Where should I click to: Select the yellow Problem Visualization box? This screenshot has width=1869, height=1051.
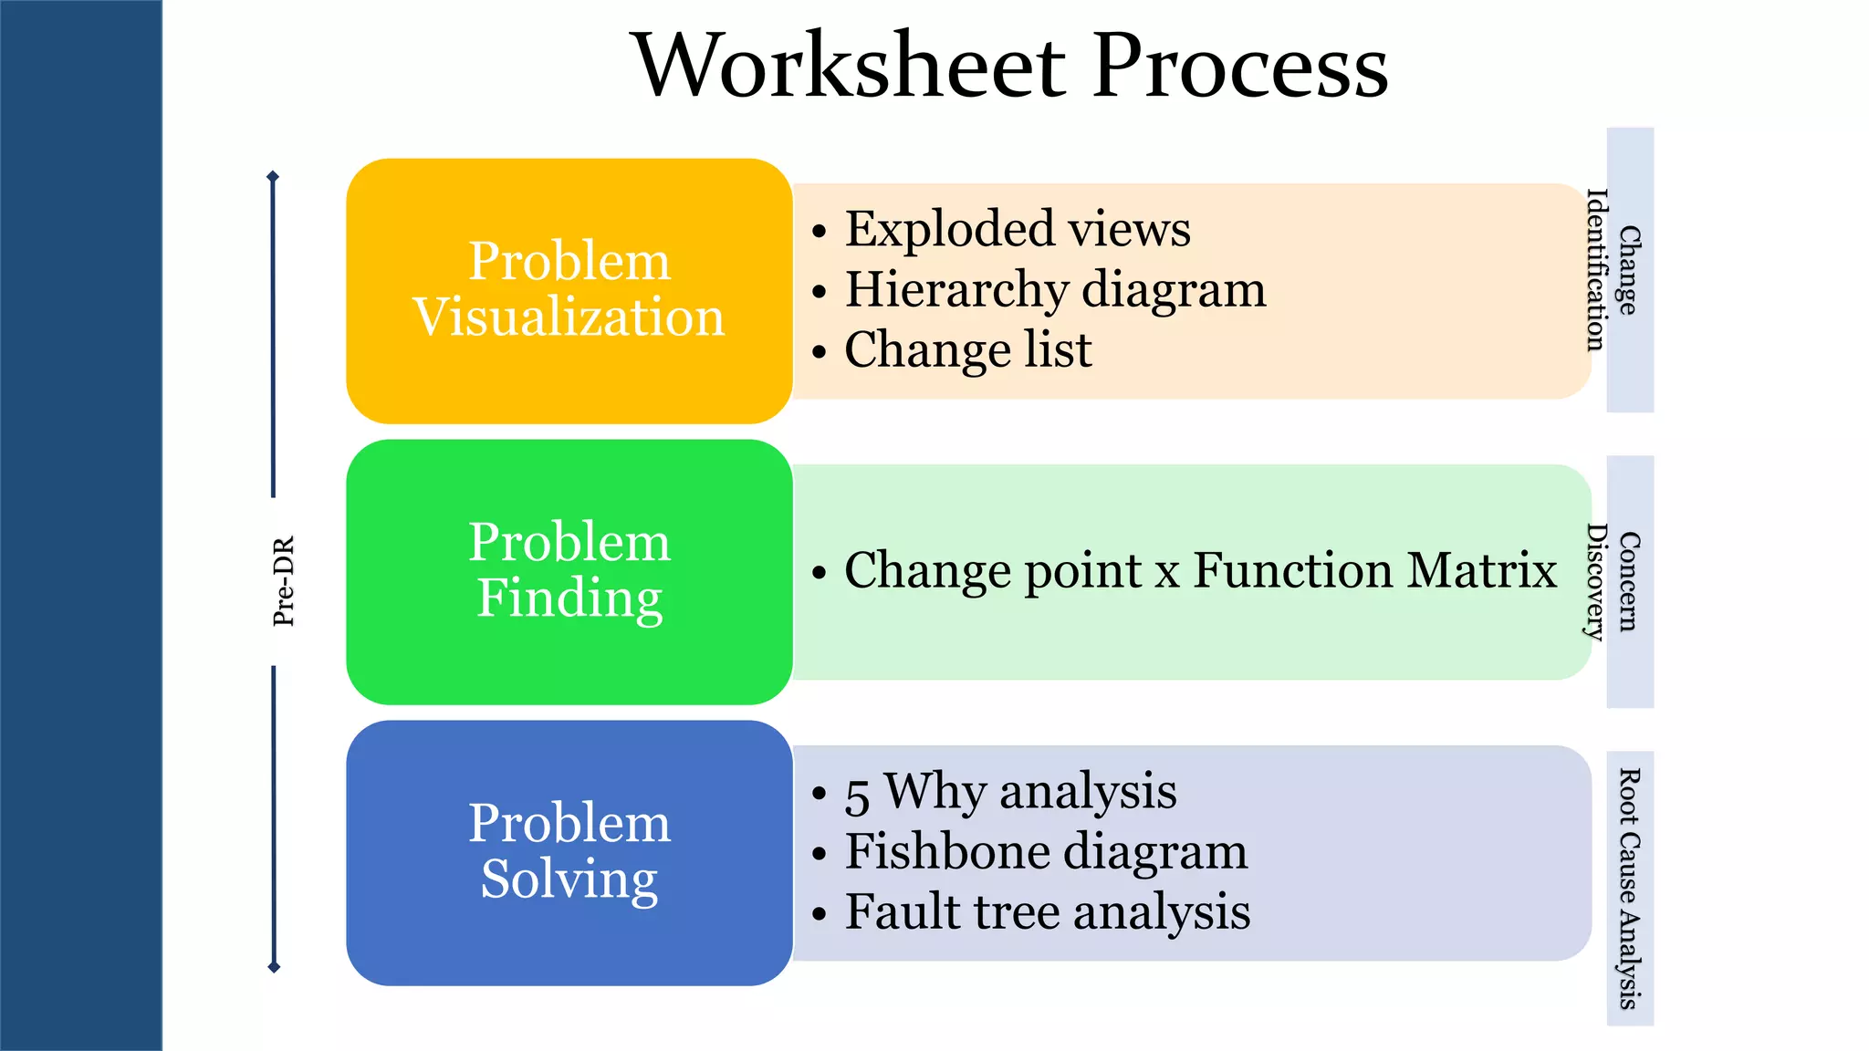point(569,290)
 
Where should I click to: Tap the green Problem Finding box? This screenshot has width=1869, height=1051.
point(569,571)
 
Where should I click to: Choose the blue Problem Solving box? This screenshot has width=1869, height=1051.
point(569,852)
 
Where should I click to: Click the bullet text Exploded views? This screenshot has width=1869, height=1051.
point(1017,228)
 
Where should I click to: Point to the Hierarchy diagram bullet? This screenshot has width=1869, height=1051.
point(1055,289)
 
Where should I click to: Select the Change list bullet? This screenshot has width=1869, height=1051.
point(967,349)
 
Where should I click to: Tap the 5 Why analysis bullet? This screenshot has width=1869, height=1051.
point(1010,791)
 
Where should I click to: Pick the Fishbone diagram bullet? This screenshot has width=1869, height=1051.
point(1046,851)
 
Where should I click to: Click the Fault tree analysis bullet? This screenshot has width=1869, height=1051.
point(1047,911)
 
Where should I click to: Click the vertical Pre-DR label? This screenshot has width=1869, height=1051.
point(284,581)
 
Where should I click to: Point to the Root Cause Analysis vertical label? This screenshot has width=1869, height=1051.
point(1629,888)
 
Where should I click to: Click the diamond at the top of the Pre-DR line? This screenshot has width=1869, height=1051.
point(273,176)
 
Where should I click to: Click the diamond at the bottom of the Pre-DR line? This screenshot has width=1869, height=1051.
point(273,967)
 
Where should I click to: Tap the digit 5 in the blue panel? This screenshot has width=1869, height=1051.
point(857,795)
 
